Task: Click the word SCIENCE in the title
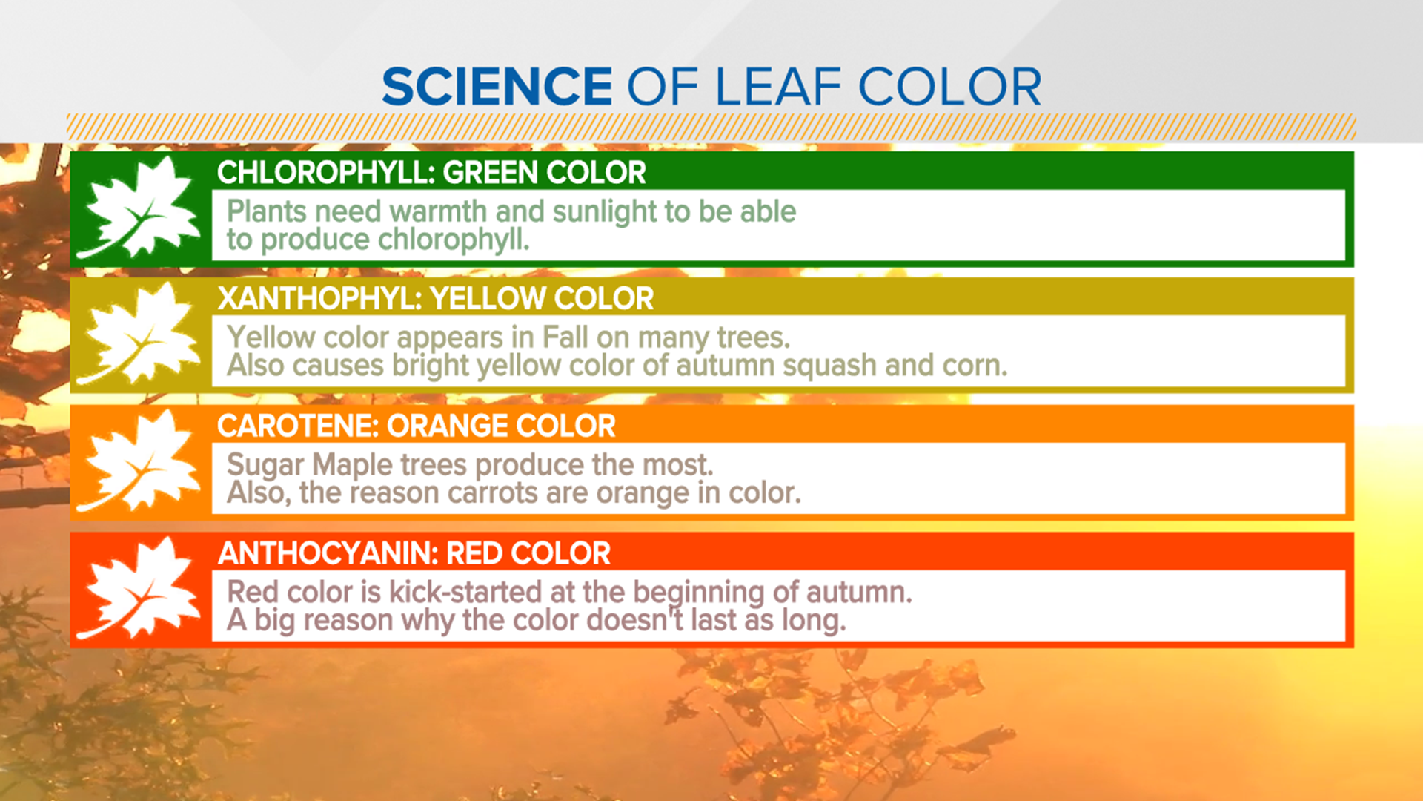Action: click(x=497, y=88)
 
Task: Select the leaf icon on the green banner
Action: click(x=139, y=208)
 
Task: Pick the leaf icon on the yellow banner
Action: click(x=139, y=335)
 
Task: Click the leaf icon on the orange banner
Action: click(x=139, y=462)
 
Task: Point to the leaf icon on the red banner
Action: click(x=139, y=590)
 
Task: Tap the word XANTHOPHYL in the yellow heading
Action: click(x=319, y=299)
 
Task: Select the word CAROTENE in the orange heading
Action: click(x=297, y=426)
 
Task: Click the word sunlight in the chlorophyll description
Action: click(x=604, y=212)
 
